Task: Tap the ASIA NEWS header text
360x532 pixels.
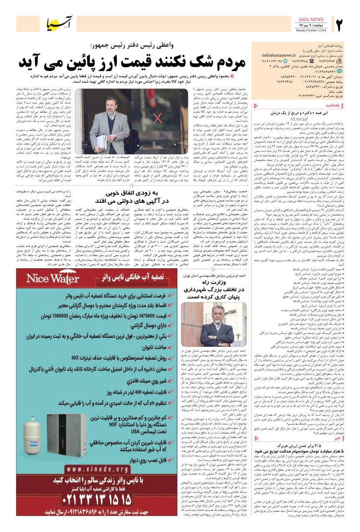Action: click(x=311, y=19)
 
